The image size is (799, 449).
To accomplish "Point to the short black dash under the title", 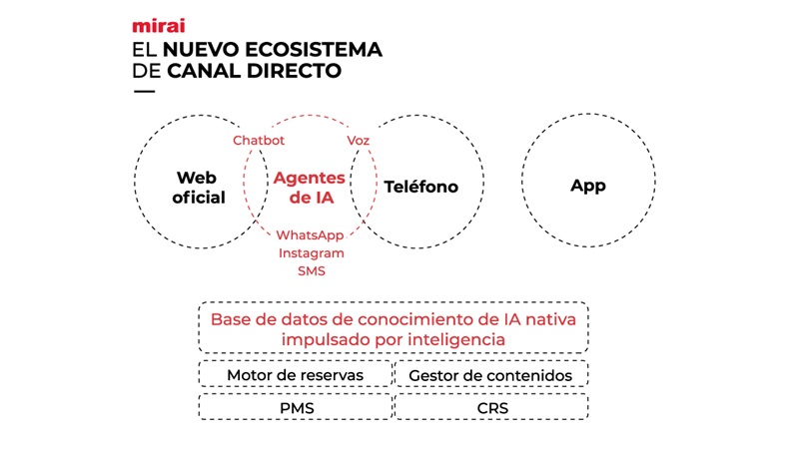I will click(x=144, y=92).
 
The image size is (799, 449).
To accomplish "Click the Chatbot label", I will click(x=259, y=141).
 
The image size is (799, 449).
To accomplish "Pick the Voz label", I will click(x=358, y=141).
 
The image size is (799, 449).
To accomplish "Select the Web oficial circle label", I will click(x=199, y=188).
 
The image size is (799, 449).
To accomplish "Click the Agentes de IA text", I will click(x=309, y=188).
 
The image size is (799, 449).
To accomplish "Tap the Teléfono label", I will click(x=420, y=187).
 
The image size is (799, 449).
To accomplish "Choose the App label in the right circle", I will click(x=588, y=186).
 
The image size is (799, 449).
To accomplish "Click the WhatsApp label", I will click(x=312, y=234).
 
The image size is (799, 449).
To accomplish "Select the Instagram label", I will click(x=312, y=252).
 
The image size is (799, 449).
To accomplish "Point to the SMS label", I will click(x=312, y=270).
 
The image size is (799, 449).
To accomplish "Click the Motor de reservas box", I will click(x=295, y=375).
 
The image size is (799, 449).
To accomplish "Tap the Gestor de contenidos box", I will click(x=490, y=375).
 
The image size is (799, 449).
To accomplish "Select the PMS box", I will click(x=295, y=407).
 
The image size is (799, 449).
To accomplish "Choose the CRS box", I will click(x=490, y=407).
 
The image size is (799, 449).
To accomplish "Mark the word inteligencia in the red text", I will click(x=448, y=339).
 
